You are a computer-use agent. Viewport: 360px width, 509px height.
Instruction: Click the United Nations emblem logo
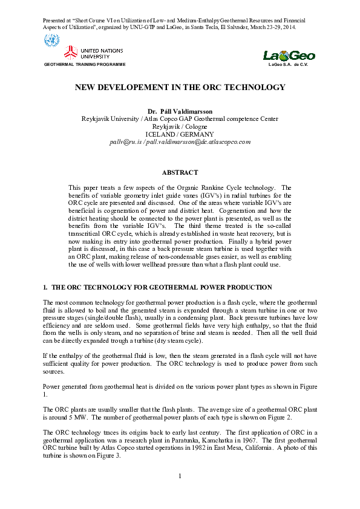point(51,42)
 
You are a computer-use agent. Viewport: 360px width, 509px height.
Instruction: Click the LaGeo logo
point(289,56)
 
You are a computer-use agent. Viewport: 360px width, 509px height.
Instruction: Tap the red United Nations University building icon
point(71,53)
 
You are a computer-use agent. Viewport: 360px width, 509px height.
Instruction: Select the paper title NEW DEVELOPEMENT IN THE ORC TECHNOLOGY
point(180,88)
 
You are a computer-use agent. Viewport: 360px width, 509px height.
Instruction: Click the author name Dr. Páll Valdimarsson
point(180,112)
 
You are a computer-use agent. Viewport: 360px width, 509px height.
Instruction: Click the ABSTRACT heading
point(180,172)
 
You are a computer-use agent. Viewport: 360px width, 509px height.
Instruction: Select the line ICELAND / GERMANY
point(180,134)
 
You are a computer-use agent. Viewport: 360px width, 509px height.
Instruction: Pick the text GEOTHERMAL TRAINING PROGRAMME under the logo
point(85,64)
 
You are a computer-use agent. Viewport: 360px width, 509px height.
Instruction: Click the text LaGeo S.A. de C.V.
point(289,64)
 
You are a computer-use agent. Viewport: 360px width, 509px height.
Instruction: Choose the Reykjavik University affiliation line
point(180,119)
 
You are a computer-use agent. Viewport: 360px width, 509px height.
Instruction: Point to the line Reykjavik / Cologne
point(180,126)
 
